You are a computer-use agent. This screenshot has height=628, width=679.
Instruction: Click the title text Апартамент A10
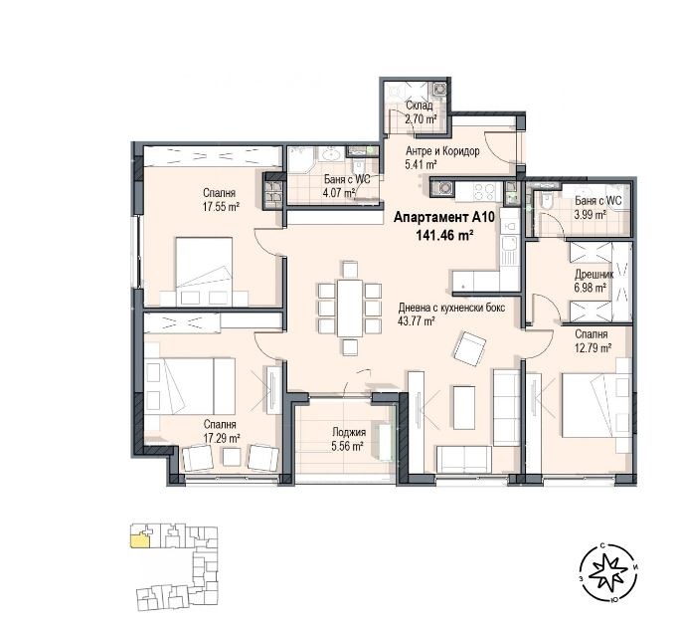(x=431, y=217)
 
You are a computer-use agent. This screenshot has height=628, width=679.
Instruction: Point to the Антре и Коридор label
(x=442, y=151)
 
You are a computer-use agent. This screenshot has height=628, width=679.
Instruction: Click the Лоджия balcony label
(x=349, y=432)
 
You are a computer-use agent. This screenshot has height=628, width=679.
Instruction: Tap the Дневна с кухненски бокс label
(x=451, y=309)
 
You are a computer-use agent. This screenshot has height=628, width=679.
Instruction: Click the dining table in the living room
(x=348, y=306)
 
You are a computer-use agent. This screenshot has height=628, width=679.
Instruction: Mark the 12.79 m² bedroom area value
(x=589, y=348)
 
